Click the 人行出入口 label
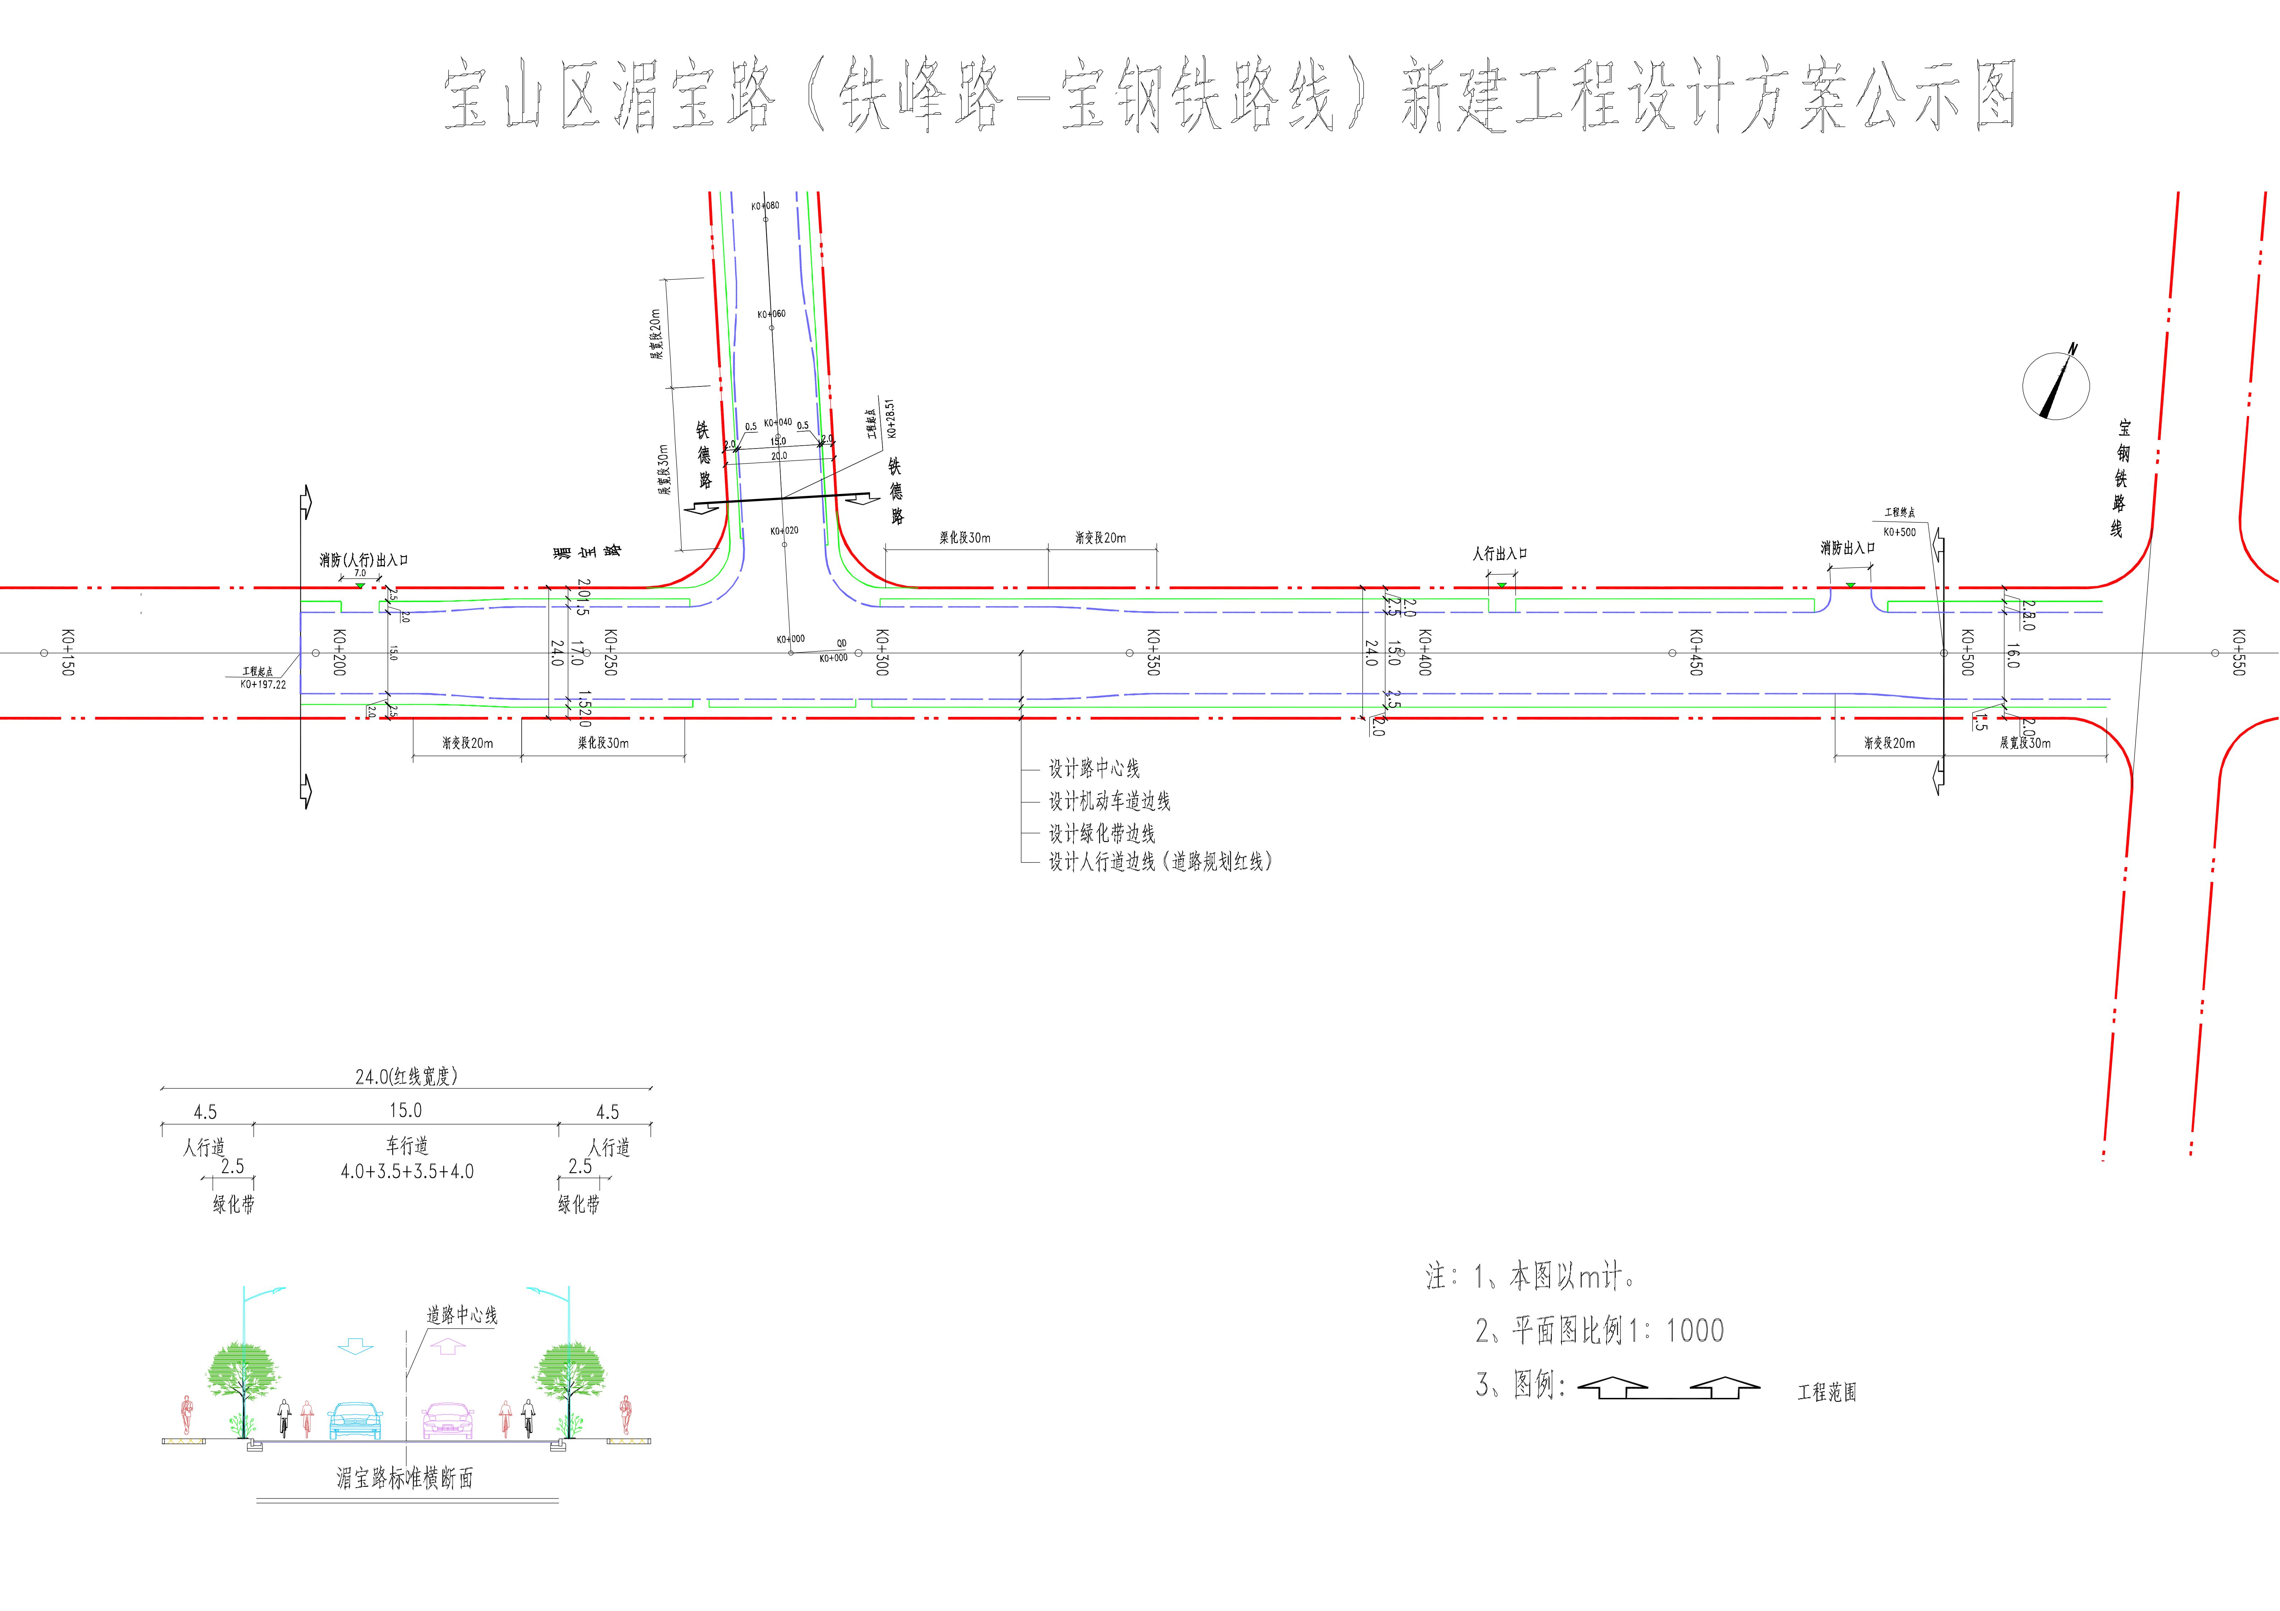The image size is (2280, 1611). (x=1499, y=554)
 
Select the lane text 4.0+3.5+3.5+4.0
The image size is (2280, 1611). (x=407, y=1171)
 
